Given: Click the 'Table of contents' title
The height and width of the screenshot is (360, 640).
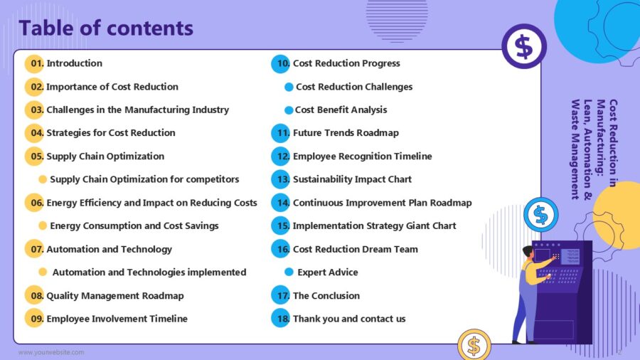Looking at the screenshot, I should pyautogui.click(x=106, y=28).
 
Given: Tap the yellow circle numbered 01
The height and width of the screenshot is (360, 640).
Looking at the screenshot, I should pyautogui.click(x=34, y=63).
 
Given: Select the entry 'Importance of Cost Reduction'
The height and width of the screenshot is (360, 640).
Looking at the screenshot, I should pyautogui.click(x=112, y=87).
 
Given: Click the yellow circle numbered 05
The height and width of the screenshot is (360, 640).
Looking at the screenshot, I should pyautogui.click(x=34, y=157).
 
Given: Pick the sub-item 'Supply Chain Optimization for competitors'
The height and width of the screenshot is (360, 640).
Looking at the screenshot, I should pyautogui.click(x=144, y=179).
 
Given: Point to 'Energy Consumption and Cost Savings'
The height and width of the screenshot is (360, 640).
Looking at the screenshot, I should pyautogui.click(x=134, y=226).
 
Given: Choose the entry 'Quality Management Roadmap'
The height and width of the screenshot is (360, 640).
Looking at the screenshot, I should pyautogui.click(x=114, y=295).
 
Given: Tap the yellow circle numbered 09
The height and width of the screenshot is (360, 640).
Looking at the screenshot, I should pyautogui.click(x=34, y=318).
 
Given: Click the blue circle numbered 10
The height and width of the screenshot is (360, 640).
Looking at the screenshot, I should pyautogui.click(x=281, y=63).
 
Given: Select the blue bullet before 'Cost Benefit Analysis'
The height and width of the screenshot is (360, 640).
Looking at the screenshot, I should pyautogui.click(x=289, y=110).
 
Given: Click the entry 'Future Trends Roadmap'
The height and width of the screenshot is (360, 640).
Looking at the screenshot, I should pyautogui.click(x=346, y=133).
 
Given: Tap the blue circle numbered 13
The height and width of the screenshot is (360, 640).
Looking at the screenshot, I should pyautogui.click(x=281, y=179).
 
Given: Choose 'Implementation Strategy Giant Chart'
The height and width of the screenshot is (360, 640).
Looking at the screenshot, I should pyautogui.click(x=374, y=226).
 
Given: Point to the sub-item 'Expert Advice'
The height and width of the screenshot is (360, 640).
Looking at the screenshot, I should pyautogui.click(x=327, y=272).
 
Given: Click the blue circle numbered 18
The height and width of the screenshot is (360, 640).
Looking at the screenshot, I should pyautogui.click(x=281, y=318).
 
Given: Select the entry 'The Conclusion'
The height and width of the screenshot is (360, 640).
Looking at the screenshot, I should pyautogui.click(x=326, y=295).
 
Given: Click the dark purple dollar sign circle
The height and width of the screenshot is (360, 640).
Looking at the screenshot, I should pyautogui.click(x=523, y=46).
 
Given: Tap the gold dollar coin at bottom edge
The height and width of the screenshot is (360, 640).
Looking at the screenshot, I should pyautogui.click(x=474, y=346).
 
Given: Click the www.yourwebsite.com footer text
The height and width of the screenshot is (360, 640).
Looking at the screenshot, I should pyautogui.click(x=51, y=352).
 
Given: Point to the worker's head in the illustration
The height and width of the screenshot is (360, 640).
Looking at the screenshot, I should pyautogui.click(x=527, y=252).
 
